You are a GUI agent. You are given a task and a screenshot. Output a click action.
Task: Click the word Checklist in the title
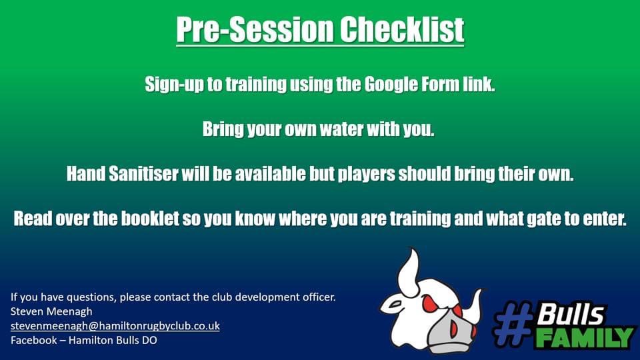click(402, 29)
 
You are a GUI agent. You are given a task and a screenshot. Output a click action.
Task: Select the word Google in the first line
click(391, 85)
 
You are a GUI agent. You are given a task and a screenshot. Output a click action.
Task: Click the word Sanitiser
click(144, 174)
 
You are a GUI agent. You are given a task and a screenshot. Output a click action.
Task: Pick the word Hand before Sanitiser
click(86, 174)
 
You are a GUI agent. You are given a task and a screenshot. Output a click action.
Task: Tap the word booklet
click(150, 219)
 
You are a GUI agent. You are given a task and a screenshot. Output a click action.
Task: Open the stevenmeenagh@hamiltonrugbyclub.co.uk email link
click(115, 326)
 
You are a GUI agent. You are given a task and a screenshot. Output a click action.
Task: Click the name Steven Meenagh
click(51, 311)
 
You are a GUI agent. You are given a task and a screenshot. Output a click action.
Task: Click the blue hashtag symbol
click(513, 324)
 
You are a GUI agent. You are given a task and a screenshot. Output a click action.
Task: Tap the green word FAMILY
click(585, 337)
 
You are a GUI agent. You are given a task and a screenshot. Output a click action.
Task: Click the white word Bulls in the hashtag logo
click(570, 313)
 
